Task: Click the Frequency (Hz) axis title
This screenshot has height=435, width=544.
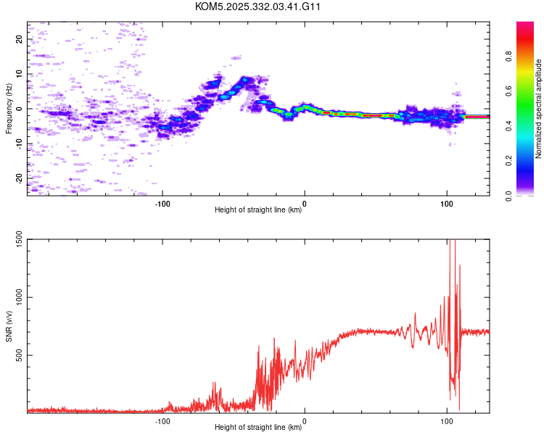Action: [9, 109]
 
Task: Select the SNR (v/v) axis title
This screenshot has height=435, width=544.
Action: [9, 326]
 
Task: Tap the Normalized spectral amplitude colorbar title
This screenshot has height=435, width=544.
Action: [539, 109]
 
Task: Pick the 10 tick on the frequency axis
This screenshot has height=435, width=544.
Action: [20, 74]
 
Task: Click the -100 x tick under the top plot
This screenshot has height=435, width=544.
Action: [162, 202]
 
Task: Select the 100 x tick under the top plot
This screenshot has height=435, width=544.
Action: [446, 202]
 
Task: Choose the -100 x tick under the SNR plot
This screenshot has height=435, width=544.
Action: [162, 420]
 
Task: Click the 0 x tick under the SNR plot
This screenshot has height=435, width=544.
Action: [304, 420]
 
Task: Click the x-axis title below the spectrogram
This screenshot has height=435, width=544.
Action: [258, 210]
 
